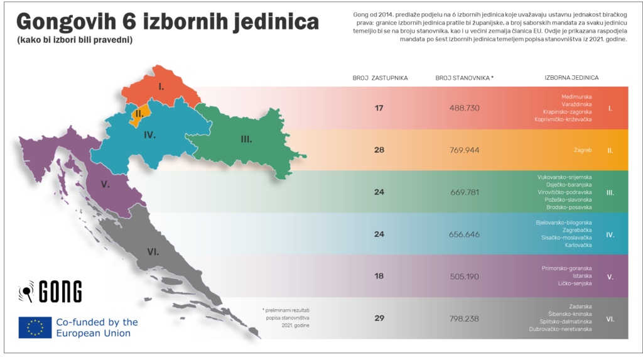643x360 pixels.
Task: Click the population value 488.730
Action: click(x=465, y=108)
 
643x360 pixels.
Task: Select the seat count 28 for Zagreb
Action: click(x=379, y=150)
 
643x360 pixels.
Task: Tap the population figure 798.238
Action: click(x=465, y=318)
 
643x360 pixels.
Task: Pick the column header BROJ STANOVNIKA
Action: click(x=464, y=78)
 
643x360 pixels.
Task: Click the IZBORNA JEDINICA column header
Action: click(x=571, y=78)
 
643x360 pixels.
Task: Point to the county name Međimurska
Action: click(x=576, y=97)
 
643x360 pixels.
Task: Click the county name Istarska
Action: click(x=582, y=276)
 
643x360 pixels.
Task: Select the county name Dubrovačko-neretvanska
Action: click(x=561, y=329)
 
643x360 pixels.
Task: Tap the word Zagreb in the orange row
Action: click(x=582, y=151)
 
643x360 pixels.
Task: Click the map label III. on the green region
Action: click(x=246, y=139)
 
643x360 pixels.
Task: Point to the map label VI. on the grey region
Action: click(x=153, y=252)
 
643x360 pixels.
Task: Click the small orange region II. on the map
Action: click(x=140, y=114)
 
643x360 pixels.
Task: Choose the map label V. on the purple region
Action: click(x=105, y=185)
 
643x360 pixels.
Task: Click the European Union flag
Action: click(x=35, y=327)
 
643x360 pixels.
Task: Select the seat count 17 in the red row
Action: click(x=379, y=108)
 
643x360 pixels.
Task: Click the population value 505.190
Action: click(x=465, y=276)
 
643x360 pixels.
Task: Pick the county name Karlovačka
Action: click(x=578, y=245)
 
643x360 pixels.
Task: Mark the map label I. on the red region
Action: click(x=161, y=87)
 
